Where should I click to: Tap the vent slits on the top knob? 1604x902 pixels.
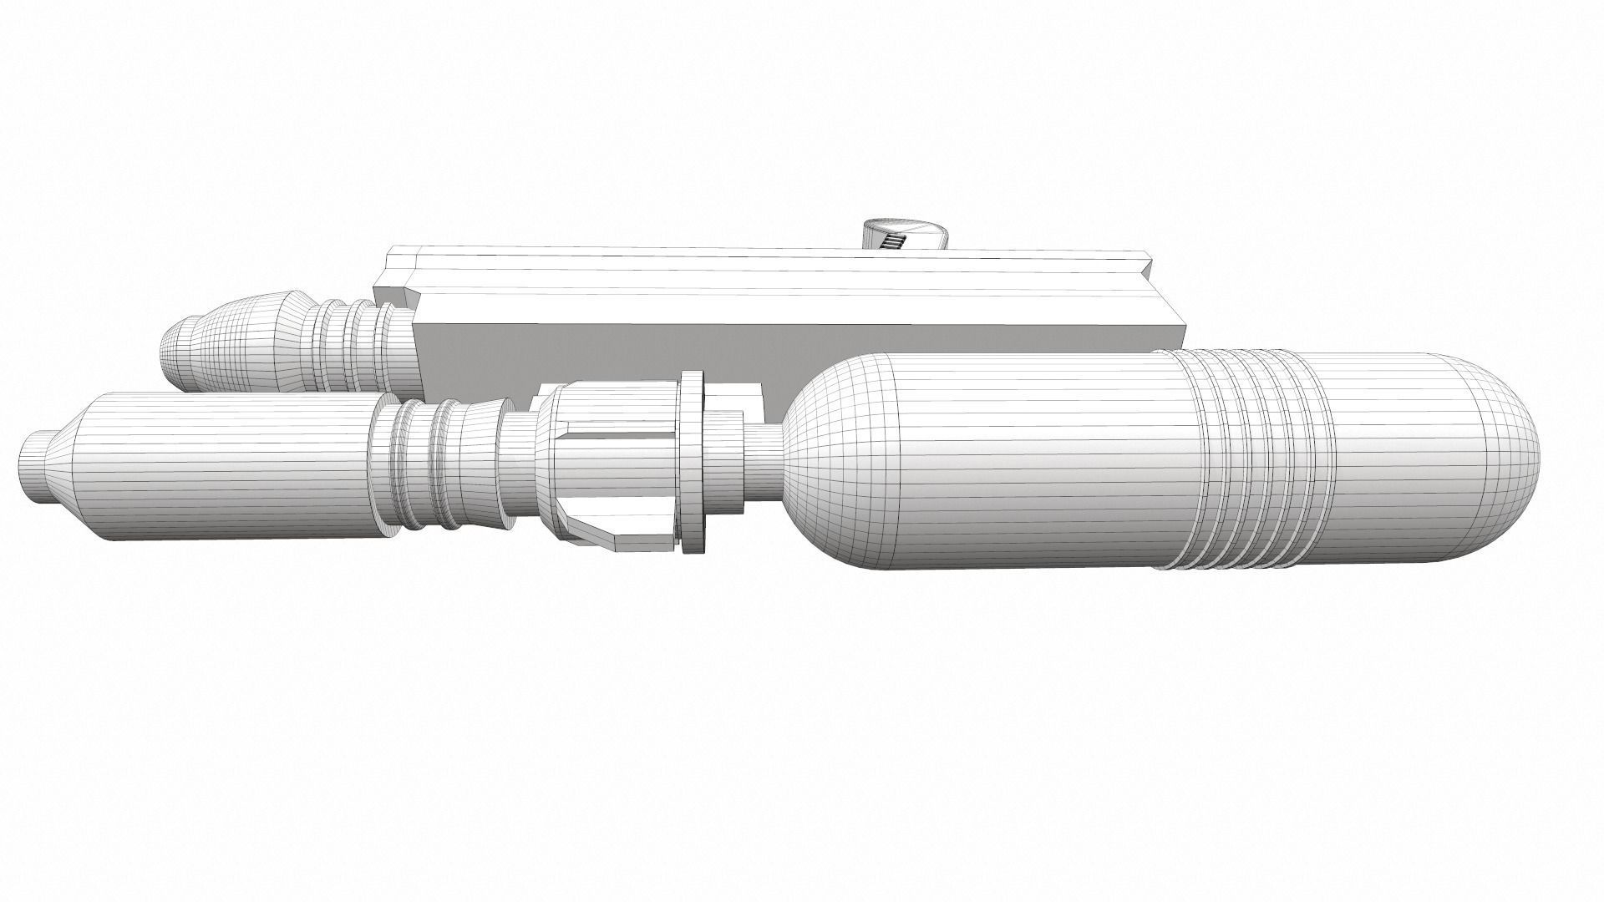(x=894, y=241)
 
